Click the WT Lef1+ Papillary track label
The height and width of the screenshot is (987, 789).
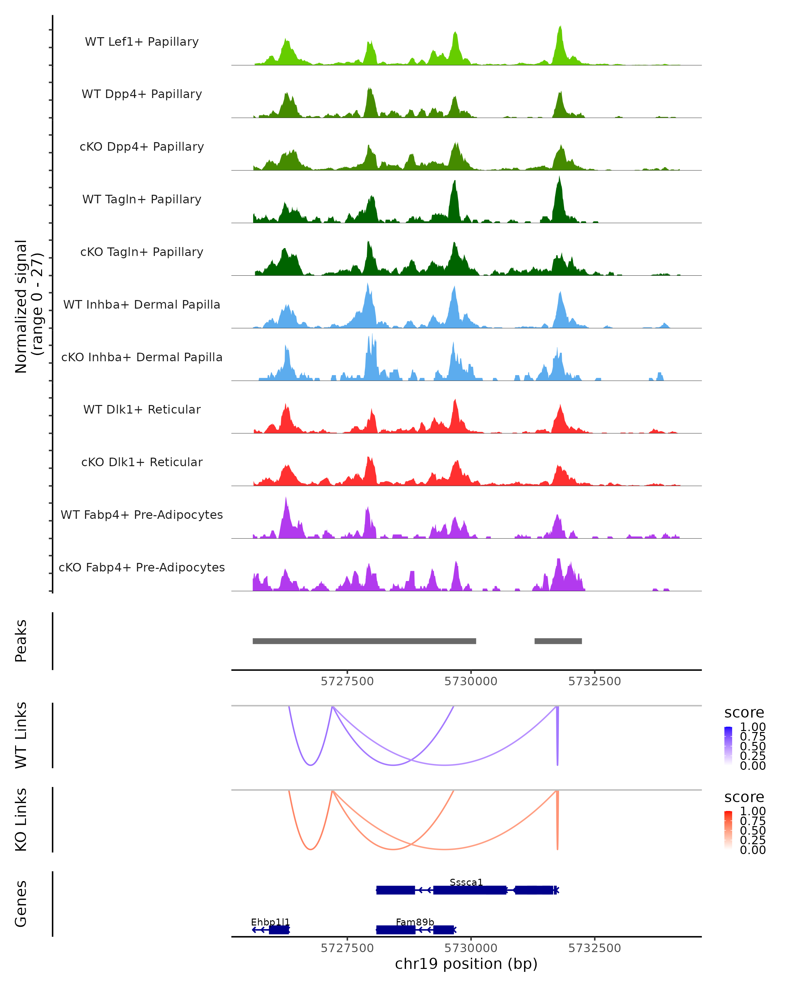142,42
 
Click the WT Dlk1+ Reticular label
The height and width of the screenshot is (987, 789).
142,409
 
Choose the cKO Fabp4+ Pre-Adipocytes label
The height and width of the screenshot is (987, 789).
142,567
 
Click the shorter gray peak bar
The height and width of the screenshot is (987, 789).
558,641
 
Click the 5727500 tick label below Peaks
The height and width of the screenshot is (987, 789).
347,681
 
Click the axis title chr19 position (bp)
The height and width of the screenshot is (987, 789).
466,964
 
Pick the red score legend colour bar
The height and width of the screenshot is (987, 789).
728,831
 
